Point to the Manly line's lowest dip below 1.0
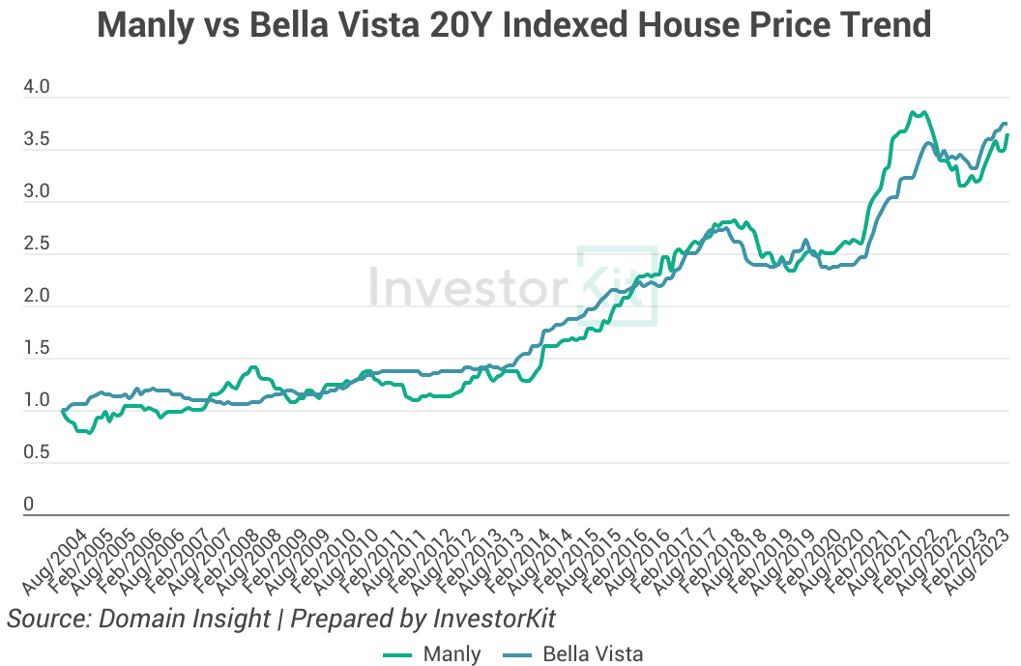[89, 433]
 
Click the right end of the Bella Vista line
[1006, 124]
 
